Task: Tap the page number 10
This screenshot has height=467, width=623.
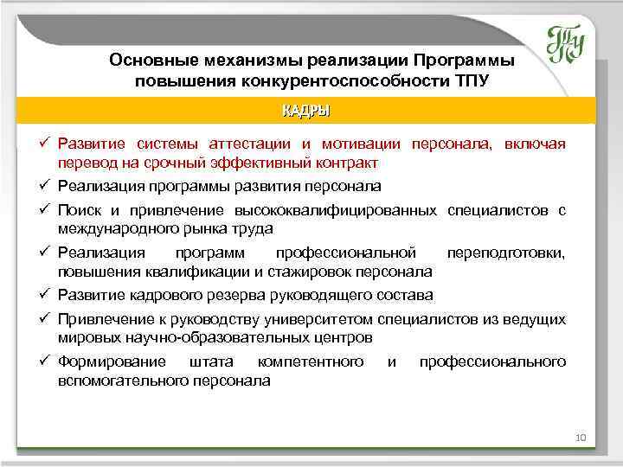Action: pyautogui.click(x=580, y=438)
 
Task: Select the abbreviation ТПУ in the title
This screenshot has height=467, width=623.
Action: pyautogui.click(x=471, y=81)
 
